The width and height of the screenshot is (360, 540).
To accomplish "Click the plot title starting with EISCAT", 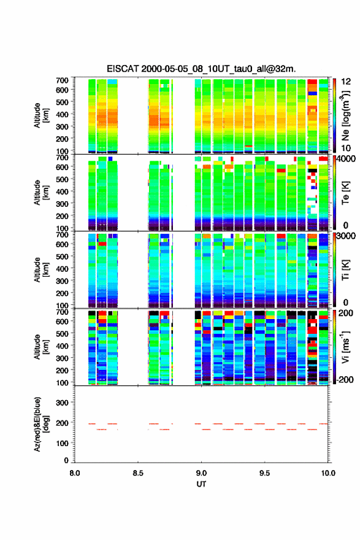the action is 201,69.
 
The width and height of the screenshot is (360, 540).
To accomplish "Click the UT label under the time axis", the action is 201,484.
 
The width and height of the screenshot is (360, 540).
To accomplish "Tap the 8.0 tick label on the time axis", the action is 75,473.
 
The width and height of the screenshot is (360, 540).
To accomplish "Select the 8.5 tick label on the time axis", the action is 138,473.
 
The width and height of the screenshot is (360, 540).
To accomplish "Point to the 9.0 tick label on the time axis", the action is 201,473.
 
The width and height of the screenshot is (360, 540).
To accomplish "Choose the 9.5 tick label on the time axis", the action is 265,473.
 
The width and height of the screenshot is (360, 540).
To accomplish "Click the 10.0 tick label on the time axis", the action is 328,473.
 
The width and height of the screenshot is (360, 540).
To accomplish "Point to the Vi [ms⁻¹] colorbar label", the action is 345,347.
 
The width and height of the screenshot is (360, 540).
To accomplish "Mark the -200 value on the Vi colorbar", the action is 344,379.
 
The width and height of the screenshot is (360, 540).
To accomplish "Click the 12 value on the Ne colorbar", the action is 346,82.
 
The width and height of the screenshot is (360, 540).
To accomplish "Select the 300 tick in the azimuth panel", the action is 63,403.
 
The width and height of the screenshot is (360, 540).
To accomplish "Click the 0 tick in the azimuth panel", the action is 66,460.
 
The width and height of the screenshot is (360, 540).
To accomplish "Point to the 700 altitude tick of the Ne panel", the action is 63,80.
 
